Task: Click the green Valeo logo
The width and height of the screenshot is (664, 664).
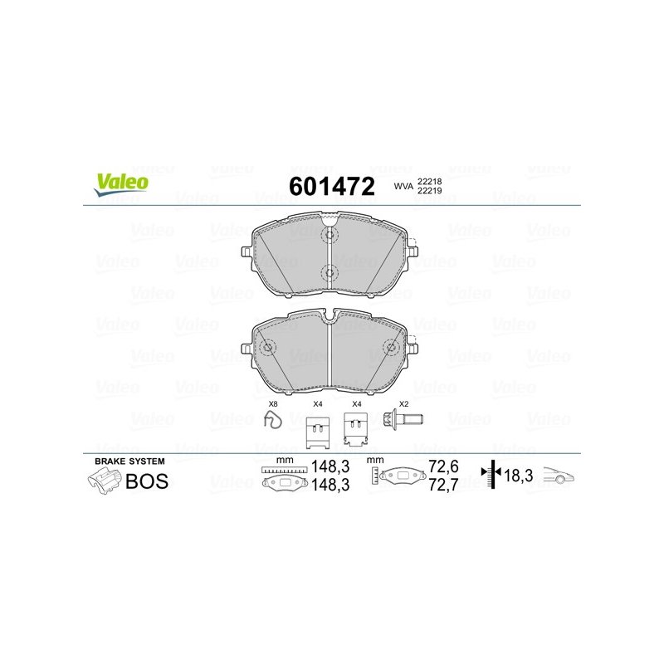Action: pos(121,184)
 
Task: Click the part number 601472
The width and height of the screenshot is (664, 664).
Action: pos(332,186)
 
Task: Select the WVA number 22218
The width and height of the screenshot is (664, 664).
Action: pos(429,181)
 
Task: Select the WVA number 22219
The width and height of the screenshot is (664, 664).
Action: pos(429,191)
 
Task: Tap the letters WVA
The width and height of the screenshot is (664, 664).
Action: pos(403,186)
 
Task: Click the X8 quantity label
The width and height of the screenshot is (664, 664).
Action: pos(273,404)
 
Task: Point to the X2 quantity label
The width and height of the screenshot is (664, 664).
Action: pos(404,404)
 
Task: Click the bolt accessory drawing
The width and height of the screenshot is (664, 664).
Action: pos(403,419)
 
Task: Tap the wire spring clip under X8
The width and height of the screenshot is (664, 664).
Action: pos(273,419)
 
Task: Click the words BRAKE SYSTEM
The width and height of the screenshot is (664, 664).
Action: pos(129,461)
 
